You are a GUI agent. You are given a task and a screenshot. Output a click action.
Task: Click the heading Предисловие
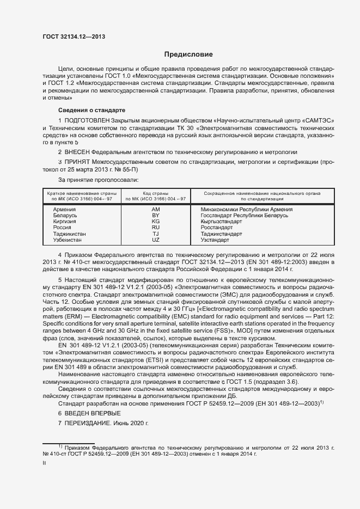click(x=189, y=54)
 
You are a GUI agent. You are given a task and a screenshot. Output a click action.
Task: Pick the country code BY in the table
click(x=156, y=216)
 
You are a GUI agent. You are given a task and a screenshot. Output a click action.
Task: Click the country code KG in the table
click(x=156, y=222)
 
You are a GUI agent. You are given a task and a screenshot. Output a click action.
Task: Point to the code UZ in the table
click(x=156, y=240)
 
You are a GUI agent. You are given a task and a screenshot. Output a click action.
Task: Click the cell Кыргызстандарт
click(x=223, y=222)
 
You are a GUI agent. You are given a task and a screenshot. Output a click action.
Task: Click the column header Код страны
click(x=156, y=194)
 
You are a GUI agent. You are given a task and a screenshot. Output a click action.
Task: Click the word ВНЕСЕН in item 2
click(x=77, y=151)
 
